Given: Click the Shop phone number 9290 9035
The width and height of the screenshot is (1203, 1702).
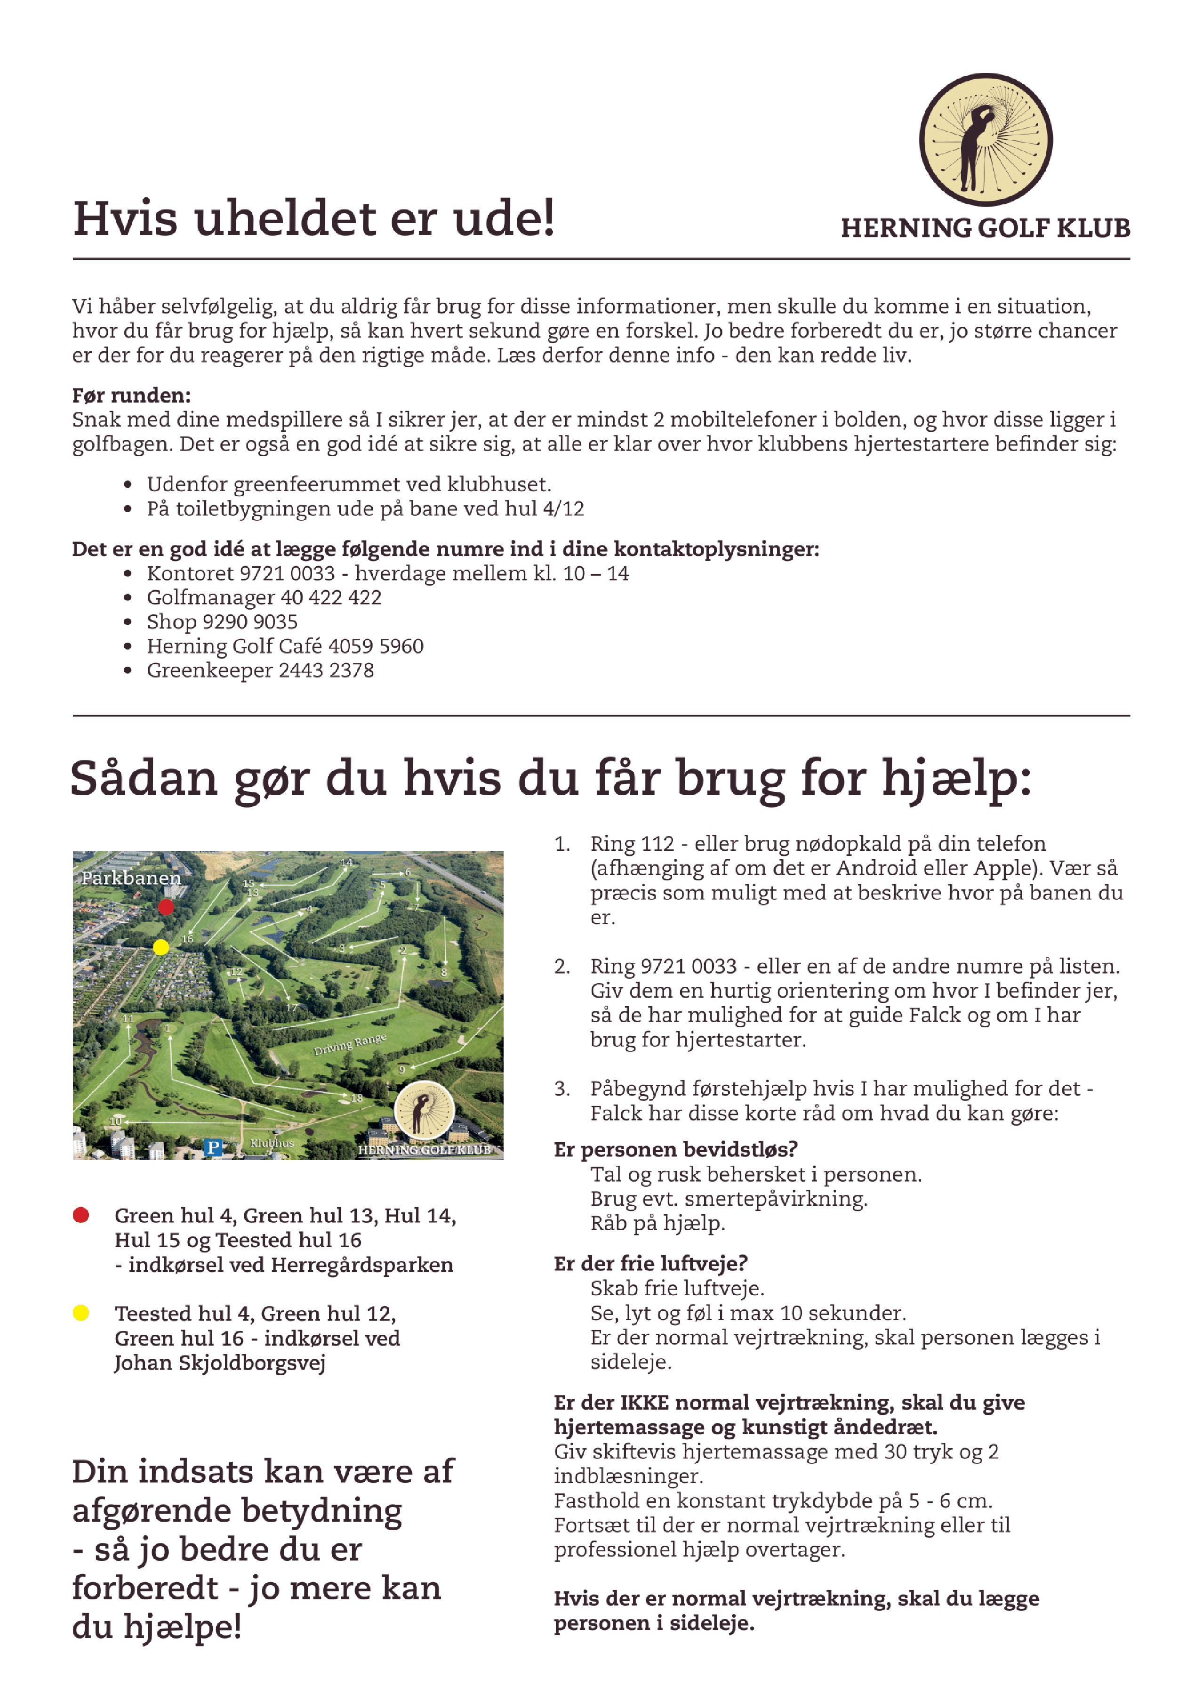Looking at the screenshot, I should coord(254,622).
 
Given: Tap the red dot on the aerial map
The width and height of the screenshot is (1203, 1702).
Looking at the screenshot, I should coord(166,907).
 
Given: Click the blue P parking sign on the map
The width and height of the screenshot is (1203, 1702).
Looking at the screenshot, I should coord(213,1147).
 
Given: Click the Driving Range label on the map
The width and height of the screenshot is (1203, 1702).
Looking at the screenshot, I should coord(350,1044).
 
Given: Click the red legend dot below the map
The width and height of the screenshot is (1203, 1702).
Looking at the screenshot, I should coord(81,1215).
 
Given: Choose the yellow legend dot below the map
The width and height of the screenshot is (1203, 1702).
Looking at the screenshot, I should coord(81,1313).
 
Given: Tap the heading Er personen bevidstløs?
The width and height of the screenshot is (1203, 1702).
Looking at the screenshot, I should coord(675,1150).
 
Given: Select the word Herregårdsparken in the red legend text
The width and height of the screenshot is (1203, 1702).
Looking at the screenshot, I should coord(362,1265).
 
